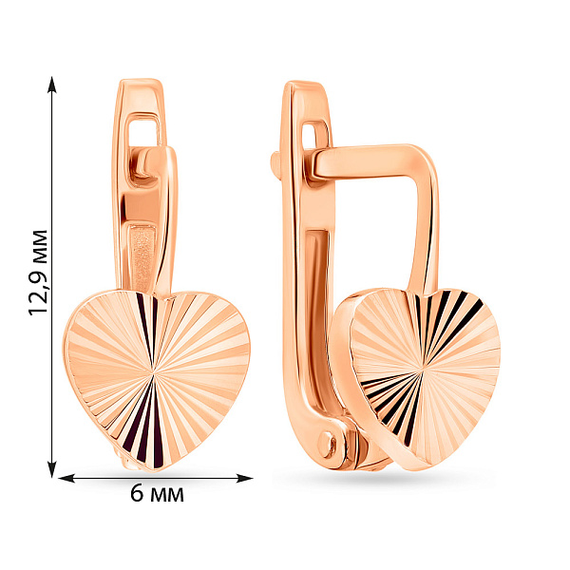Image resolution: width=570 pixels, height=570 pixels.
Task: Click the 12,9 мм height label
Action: tap(38, 273)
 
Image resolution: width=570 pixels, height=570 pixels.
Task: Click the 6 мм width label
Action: tap(157, 494)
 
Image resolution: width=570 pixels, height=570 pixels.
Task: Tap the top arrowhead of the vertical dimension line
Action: tap(52, 85)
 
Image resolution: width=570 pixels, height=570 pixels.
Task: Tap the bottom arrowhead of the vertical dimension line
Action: tap(52, 469)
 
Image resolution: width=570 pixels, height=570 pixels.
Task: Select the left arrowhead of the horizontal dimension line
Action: tap(66, 478)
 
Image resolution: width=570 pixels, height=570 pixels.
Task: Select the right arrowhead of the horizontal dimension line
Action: tap(244, 478)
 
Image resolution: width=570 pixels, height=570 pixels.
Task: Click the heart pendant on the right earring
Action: tap(418, 378)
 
